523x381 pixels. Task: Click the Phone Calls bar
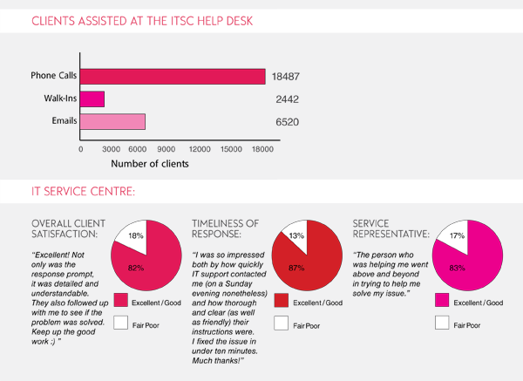173,77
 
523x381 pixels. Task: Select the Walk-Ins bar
92,99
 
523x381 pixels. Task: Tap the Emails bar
112,121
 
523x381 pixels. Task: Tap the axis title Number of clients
150,163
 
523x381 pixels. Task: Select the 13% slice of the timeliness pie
296,236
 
